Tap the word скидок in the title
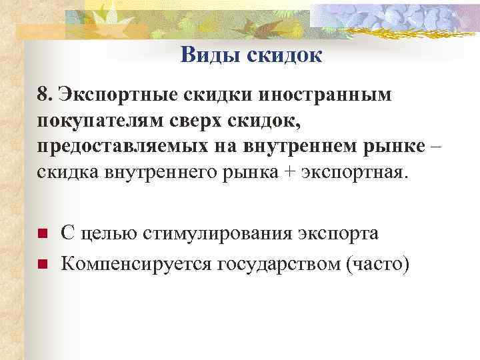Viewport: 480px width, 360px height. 285,55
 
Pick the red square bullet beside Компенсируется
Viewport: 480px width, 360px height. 41,265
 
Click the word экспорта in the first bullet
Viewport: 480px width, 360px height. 339,234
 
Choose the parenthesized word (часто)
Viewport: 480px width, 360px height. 374,265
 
